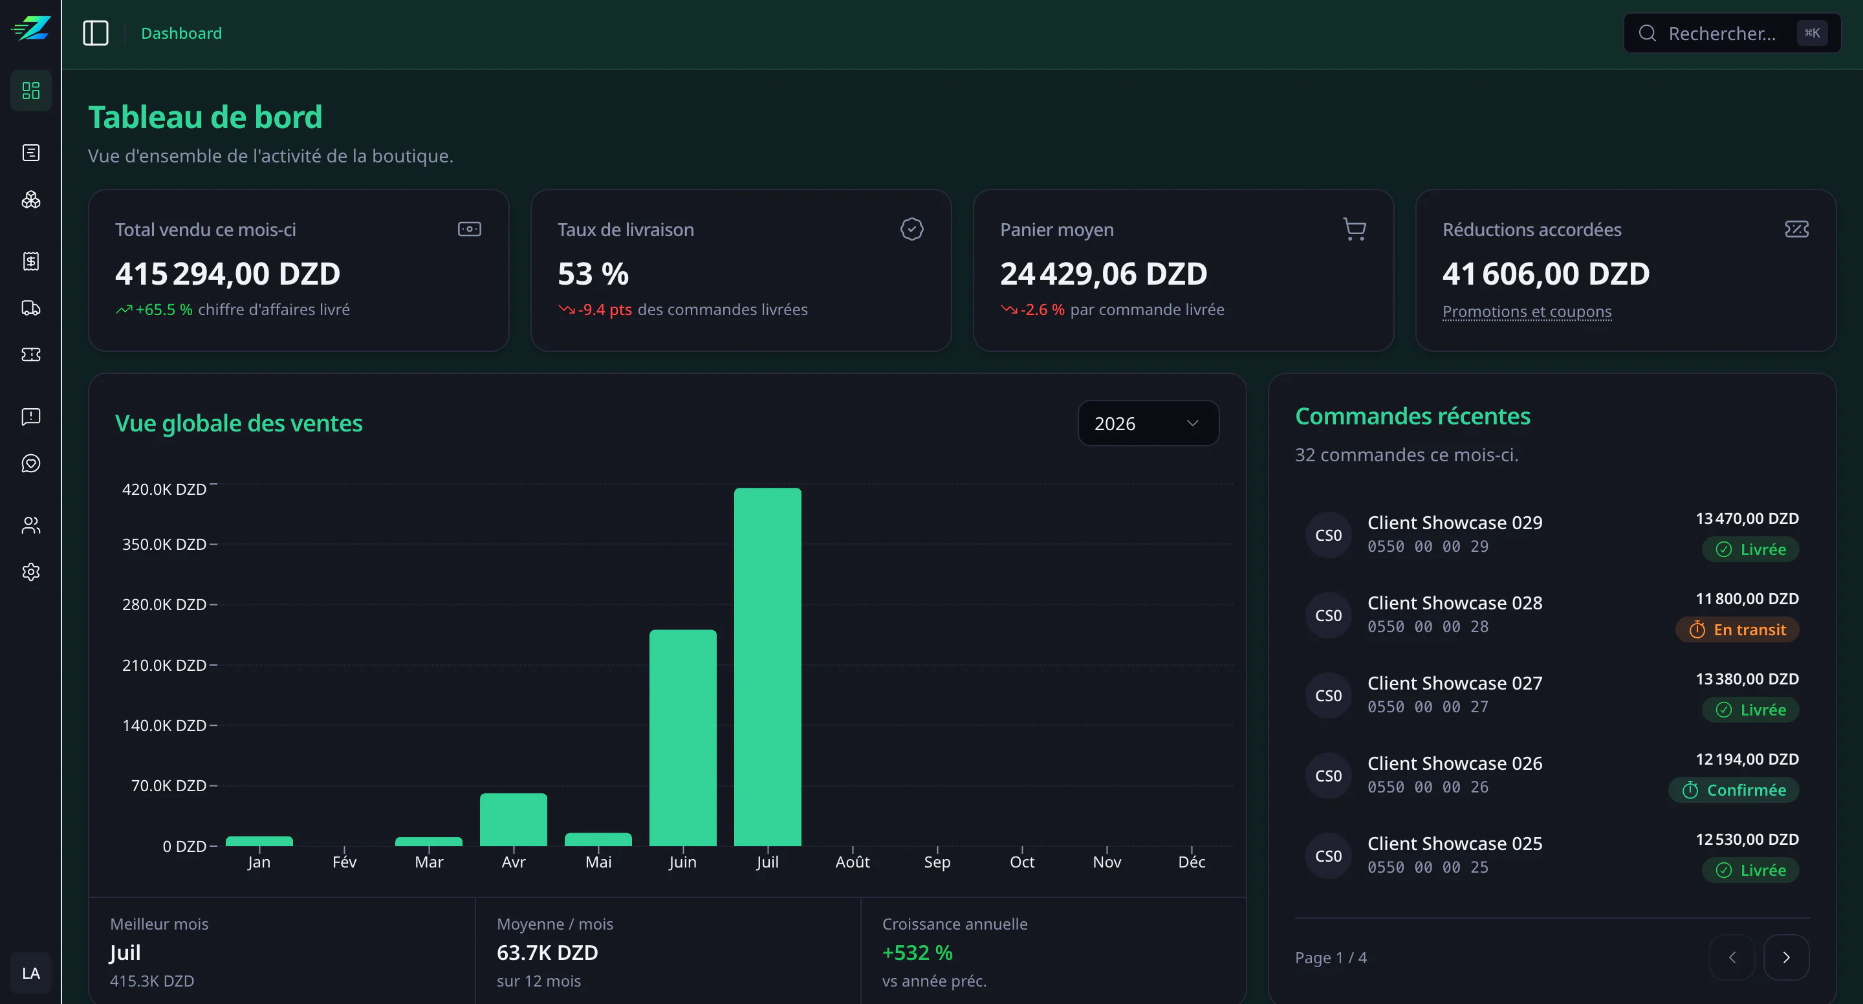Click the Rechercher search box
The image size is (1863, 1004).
[x=1732, y=33]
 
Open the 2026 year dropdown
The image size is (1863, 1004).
[x=1148, y=423]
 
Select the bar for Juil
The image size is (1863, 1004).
[x=767, y=667]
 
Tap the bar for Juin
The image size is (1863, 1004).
[x=682, y=738]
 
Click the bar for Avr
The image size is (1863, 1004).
[x=514, y=820]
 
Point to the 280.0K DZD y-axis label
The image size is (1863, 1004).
[x=164, y=604]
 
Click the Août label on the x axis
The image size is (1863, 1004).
[x=853, y=862]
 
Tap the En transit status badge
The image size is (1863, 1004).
[x=1737, y=629]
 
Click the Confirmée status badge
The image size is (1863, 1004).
[x=1734, y=790]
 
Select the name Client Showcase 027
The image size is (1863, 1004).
[x=1454, y=683]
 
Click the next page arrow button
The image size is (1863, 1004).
[x=1786, y=957]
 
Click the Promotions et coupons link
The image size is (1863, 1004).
[x=1527, y=311]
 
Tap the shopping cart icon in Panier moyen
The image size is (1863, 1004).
[x=1354, y=229]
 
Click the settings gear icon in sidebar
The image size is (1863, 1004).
[x=31, y=571]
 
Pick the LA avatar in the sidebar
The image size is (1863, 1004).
[x=31, y=973]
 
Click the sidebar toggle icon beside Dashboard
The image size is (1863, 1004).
[x=96, y=33]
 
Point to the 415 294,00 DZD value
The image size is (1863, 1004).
[x=227, y=274]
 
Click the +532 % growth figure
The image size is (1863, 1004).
[x=917, y=953]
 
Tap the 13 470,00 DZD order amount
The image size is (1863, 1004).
[x=1747, y=519]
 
